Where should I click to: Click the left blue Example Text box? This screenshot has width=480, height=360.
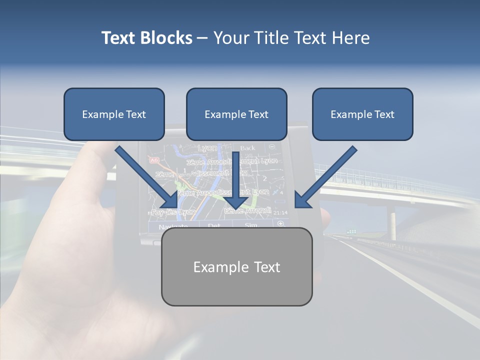click(x=114, y=114)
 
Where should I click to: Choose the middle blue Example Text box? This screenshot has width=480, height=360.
click(x=236, y=114)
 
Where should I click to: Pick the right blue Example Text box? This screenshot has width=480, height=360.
click(x=362, y=114)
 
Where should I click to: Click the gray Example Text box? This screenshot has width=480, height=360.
click(x=236, y=266)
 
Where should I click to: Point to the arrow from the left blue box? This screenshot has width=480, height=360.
click(x=146, y=177)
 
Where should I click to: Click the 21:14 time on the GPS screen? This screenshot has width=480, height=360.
click(x=280, y=213)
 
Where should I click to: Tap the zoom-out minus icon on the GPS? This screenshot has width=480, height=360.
click(x=271, y=147)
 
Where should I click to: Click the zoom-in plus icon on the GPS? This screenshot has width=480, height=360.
click(x=280, y=223)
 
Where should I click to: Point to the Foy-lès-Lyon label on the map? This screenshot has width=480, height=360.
click(x=166, y=212)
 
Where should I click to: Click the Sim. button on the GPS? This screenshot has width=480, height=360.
click(x=250, y=225)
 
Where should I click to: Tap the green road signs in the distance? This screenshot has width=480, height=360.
click(x=352, y=231)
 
